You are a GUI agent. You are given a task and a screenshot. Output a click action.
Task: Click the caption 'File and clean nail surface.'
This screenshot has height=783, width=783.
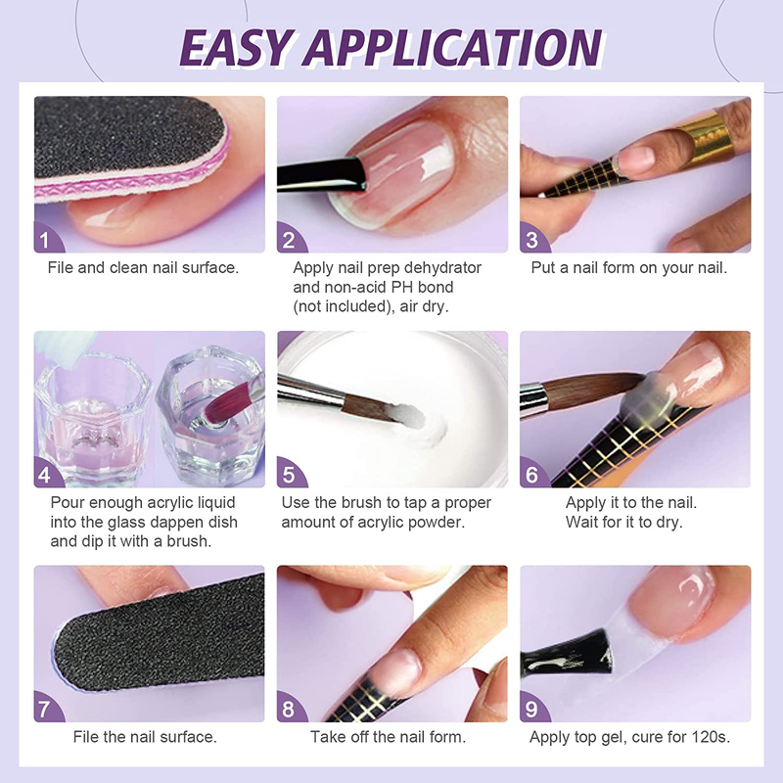coord(143,267)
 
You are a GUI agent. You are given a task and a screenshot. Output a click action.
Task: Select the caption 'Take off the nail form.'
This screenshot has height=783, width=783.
coord(389,737)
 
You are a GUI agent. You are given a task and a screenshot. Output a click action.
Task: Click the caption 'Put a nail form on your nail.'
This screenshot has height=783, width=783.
coord(629,267)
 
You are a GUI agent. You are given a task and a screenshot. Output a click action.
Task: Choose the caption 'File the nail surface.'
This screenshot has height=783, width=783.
coord(145,737)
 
